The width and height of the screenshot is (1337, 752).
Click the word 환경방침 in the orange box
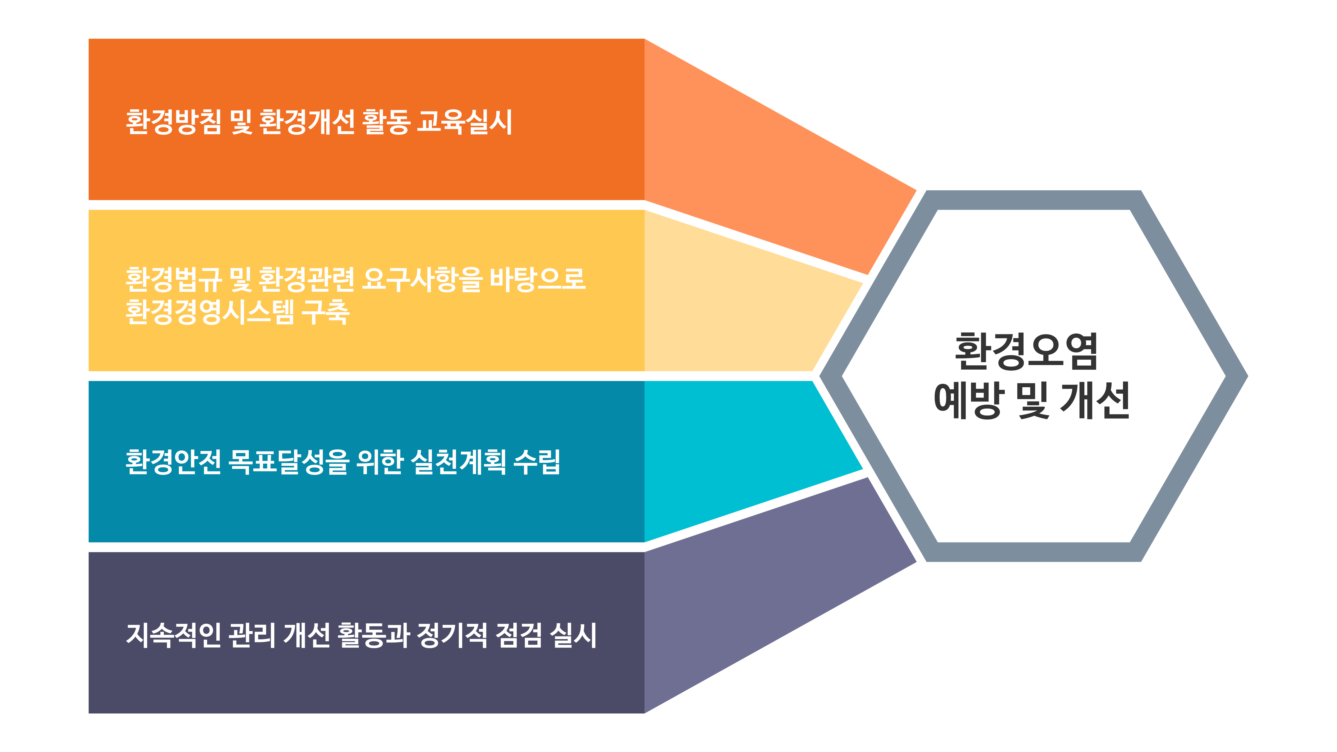(x=173, y=122)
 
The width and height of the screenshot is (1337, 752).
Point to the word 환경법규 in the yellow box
(x=173, y=279)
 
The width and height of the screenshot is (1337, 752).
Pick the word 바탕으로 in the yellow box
(x=538, y=279)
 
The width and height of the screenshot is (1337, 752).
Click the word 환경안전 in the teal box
(x=173, y=461)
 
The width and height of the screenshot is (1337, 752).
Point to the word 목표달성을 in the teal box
(x=289, y=461)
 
